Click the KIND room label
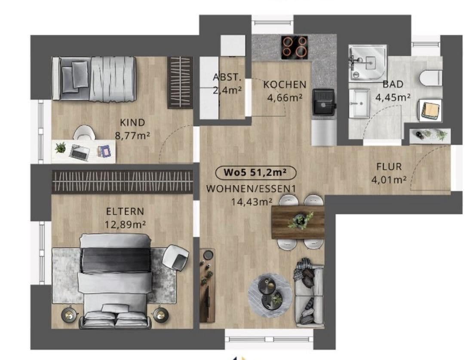point(132,122)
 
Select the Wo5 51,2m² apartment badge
point(255,172)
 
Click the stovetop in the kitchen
point(295,47)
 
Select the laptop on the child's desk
point(80,151)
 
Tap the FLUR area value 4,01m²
point(389,180)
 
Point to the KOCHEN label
point(285,85)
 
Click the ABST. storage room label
point(227,77)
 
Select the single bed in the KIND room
point(93,79)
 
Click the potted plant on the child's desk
point(61,148)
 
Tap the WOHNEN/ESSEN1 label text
point(251,189)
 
